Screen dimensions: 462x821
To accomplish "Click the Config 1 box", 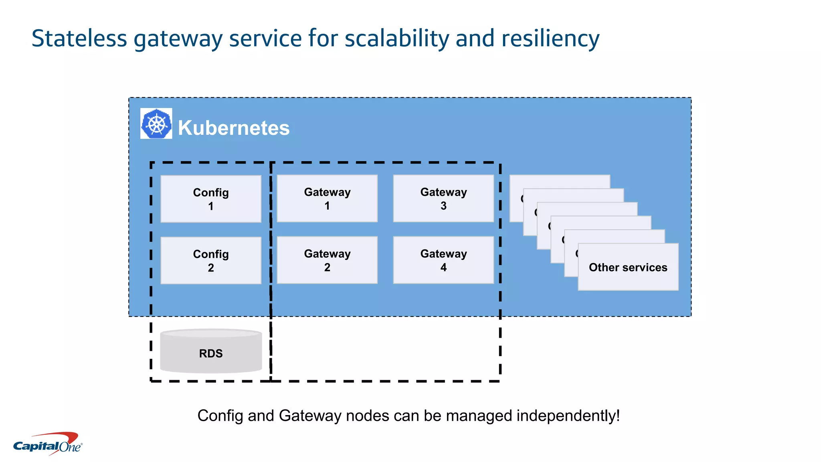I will click(x=211, y=199).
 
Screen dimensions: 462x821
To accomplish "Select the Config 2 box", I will click(x=211, y=261).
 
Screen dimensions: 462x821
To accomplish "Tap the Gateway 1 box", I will click(x=327, y=199).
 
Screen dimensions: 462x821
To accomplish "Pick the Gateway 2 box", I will click(x=327, y=260).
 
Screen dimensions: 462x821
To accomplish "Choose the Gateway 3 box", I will click(x=443, y=199).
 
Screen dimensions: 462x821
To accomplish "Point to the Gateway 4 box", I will click(x=443, y=260).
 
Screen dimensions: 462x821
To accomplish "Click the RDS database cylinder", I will click(x=211, y=352).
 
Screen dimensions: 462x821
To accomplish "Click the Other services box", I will click(x=628, y=267).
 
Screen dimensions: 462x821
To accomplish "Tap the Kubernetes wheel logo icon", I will click(x=156, y=124).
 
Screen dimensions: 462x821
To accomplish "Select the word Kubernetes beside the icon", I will click(x=234, y=128).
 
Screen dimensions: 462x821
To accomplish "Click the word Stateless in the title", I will click(x=79, y=38).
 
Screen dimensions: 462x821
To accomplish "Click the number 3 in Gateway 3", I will click(x=443, y=206).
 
